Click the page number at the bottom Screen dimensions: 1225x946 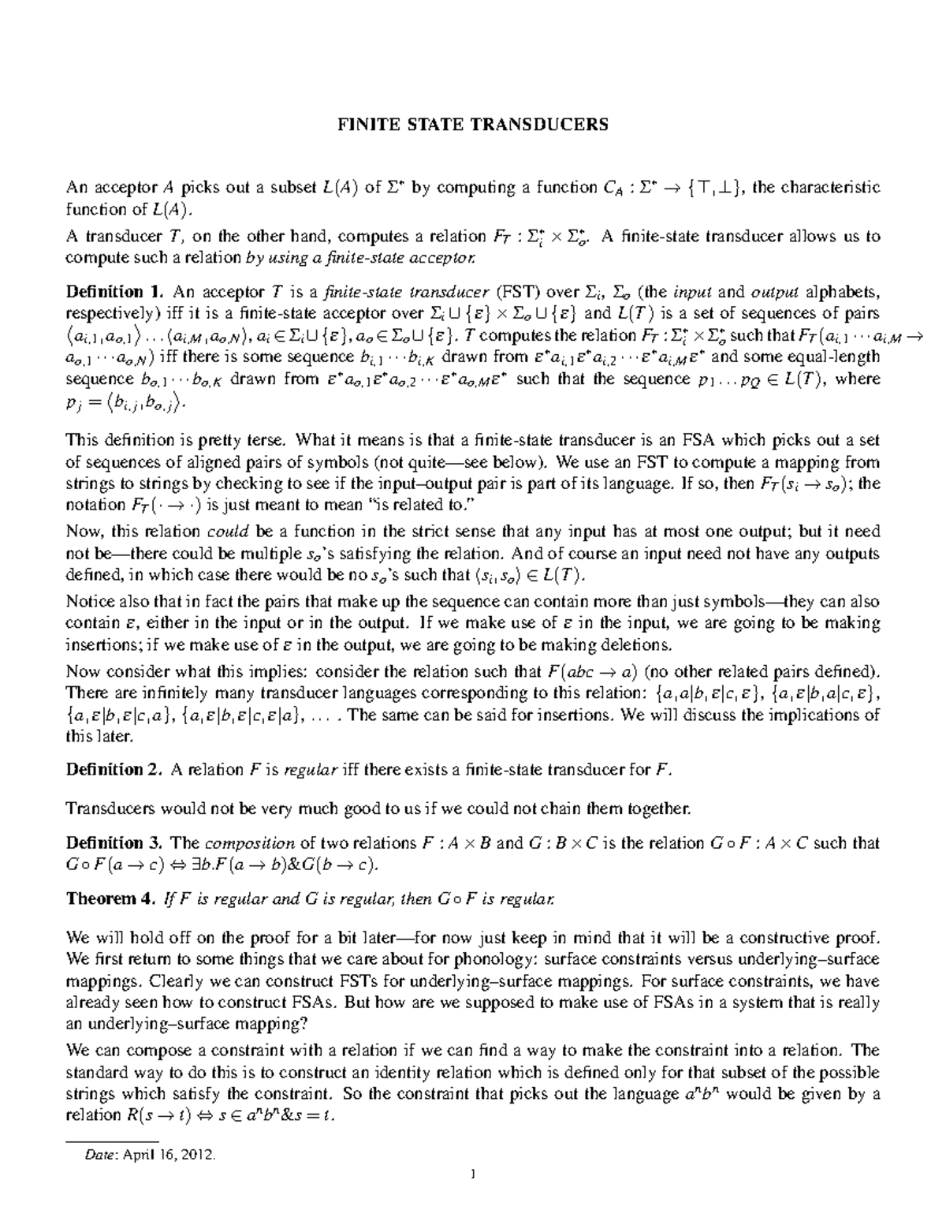coord(473,1195)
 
